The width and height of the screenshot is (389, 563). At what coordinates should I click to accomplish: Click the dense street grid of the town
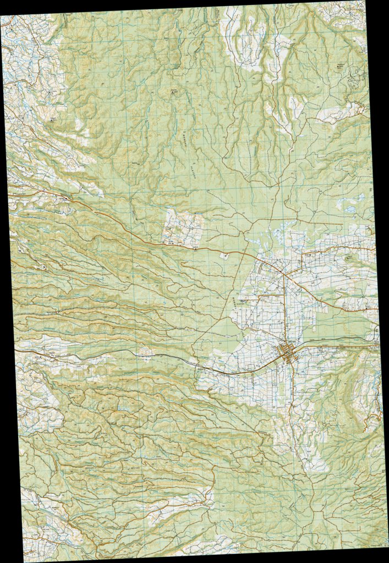(x=288, y=352)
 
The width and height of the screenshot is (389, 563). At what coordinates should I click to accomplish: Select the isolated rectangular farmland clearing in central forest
(x=183, y=227)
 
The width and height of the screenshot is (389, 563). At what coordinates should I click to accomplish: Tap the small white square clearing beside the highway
(x=224, y=255)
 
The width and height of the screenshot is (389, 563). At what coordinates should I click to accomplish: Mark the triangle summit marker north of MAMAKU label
(x=175, y=91)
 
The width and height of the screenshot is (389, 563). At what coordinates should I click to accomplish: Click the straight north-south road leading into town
(x=284, y=308)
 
